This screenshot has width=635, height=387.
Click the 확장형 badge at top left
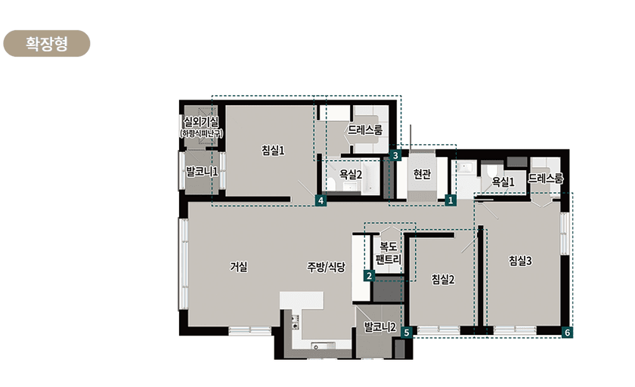(47, 43)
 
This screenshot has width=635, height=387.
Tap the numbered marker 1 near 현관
(451, 200)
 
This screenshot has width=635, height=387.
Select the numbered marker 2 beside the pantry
(369, 276)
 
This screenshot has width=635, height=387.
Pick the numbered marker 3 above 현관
(395, 155)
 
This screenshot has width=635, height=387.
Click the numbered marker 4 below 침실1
(321, 200)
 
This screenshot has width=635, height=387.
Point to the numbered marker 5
(407, 333)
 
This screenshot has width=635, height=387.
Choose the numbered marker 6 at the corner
(568, 333)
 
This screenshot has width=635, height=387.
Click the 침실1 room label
(273, 150)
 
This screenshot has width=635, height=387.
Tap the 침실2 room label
(443, 279)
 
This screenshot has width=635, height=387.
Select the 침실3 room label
(520, 261)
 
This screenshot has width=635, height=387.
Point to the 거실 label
(239, 266)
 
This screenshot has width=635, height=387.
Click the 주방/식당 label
(326, 267)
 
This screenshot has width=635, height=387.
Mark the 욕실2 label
(350, 175)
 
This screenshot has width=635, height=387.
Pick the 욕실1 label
(503, 181)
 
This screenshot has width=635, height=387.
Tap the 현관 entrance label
(422, 174)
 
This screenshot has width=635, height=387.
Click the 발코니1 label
(202, 172)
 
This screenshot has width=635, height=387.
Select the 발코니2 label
(379, 327)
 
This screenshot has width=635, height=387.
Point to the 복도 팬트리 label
(389, 252)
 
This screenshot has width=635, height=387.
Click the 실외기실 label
(201, 122)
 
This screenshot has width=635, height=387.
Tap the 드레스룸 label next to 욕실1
(546, 178)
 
